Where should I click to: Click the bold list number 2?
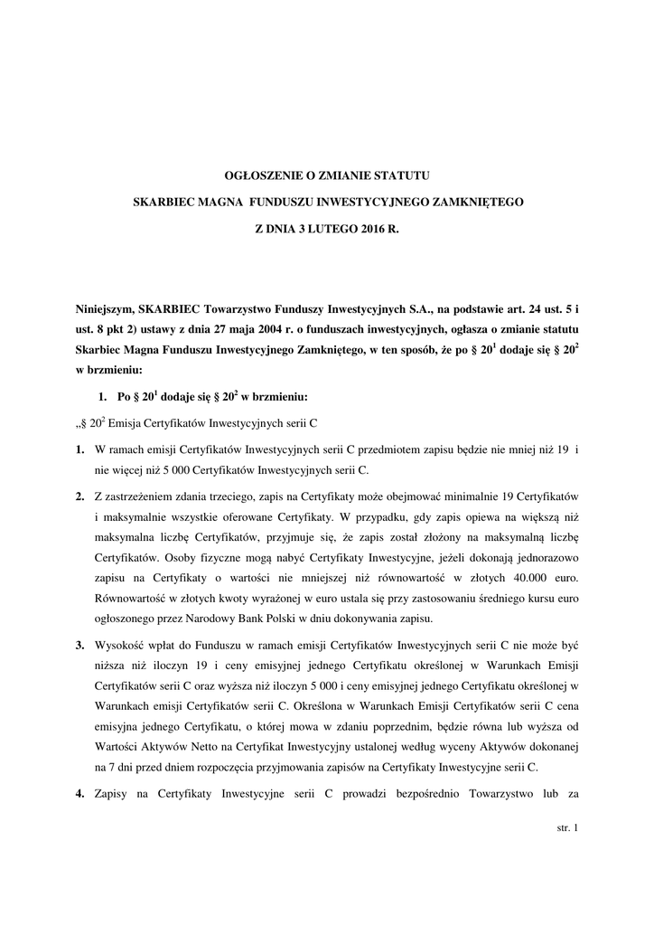(x=80, y=499)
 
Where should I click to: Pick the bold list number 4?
(x=80, y=793)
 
